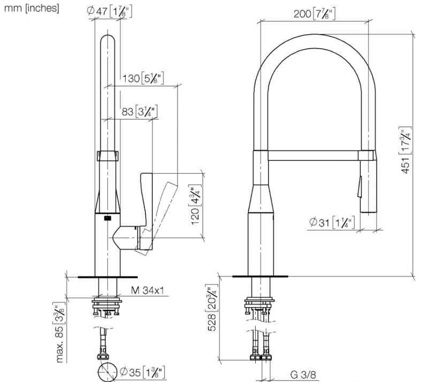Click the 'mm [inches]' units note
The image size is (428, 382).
coord(32,8)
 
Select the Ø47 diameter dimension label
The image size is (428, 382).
coord(110,12)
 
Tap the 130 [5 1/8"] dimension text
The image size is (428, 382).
coord(143,79)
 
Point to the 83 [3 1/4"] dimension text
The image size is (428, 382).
coord(140,112)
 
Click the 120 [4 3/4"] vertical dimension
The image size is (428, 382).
coord(196,205)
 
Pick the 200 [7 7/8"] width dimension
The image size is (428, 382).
coord(315,14)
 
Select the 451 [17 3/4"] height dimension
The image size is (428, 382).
coord(405,150)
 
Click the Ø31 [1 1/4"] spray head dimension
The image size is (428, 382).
coord(332,222)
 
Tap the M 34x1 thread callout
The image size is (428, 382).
coord(148,291)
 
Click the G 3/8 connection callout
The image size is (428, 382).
coord(303,375)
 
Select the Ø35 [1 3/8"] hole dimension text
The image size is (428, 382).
coord(142,372)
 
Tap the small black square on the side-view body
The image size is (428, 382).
coord(108,218)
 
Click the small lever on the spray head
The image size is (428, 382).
coord(360,186)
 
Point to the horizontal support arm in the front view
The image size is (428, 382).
coord(313,155)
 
